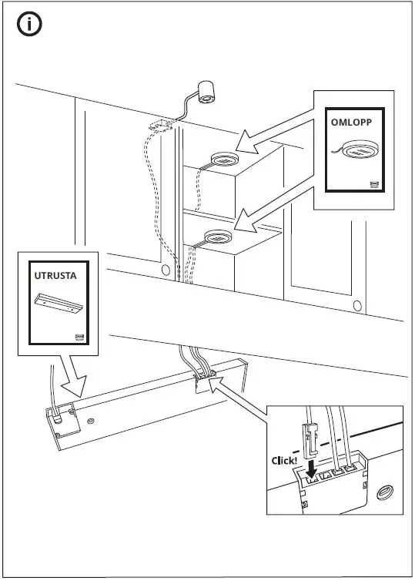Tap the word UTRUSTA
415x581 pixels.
point(55,273)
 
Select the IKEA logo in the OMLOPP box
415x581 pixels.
point(375,183)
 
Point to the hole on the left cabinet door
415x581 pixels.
point(166,270)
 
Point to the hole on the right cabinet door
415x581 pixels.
point(356,307)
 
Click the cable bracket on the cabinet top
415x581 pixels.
point(162,123)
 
